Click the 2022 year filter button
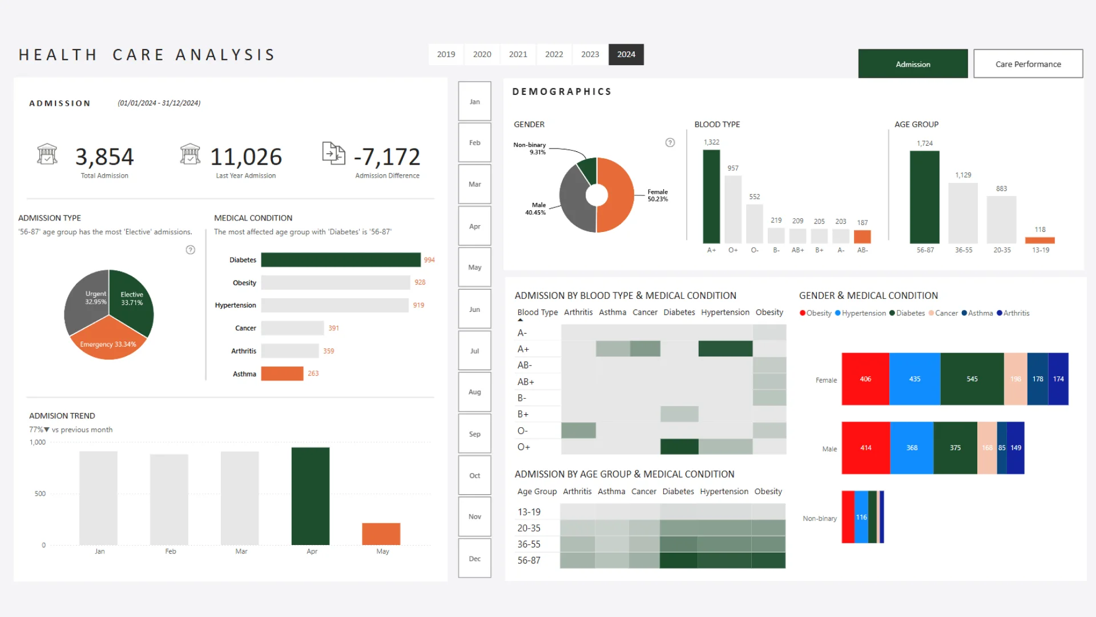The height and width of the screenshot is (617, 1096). tap(554, 54)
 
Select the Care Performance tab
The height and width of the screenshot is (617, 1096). tap(1027, 64)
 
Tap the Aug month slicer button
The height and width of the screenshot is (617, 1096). tap(474, 392)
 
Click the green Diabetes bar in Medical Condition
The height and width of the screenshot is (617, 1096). tap(340, 260)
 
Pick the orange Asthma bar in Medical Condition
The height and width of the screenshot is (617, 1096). tap(282, 374)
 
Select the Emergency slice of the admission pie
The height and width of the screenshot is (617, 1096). tap(108, 343)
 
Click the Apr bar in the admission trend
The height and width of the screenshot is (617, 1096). tap(311, 496)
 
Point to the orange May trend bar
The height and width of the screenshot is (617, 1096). tap(381, 534)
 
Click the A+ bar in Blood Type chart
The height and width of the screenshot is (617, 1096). tap(711, 197)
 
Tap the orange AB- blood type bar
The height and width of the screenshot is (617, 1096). tap(862, 237)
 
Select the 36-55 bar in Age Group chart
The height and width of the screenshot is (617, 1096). tap(963, 213)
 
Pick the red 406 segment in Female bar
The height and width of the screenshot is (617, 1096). tap(865, 379)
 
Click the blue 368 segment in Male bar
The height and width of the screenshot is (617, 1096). tap(912, 448)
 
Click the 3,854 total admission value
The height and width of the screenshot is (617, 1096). tap(104, 157)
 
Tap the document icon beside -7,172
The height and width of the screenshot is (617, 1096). tap(333, 153)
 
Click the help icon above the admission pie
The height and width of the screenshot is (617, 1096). tap(191, 250)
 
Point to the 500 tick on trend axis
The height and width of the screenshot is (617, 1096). tap(40, 494)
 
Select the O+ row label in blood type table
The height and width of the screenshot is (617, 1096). tap(523, 447)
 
